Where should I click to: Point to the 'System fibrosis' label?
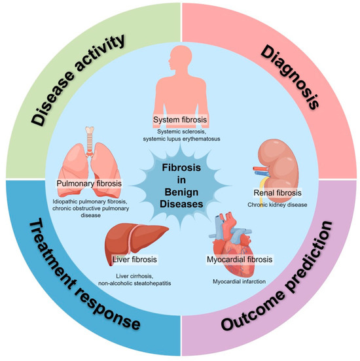[181, 120]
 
